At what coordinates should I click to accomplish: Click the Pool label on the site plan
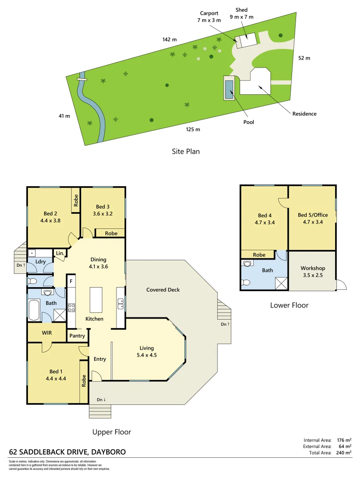(249, 122)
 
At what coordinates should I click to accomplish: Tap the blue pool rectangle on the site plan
(229, 88)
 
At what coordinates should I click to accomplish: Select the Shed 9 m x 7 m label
(242, 13)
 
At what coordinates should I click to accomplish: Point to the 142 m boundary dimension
(169, 40)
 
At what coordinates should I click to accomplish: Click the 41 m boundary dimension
(64, 116)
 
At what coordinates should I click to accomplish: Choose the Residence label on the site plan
(304, 114)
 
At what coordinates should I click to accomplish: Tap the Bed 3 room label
(103, 210)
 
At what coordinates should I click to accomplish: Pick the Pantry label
(77, 336)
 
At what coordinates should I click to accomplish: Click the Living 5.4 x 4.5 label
(147, 352)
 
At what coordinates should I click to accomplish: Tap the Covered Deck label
(163, 290)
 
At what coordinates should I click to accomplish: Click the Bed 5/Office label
(312, 218)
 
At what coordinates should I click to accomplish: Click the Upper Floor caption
(112, 432)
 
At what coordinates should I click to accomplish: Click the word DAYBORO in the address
(108, 452)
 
